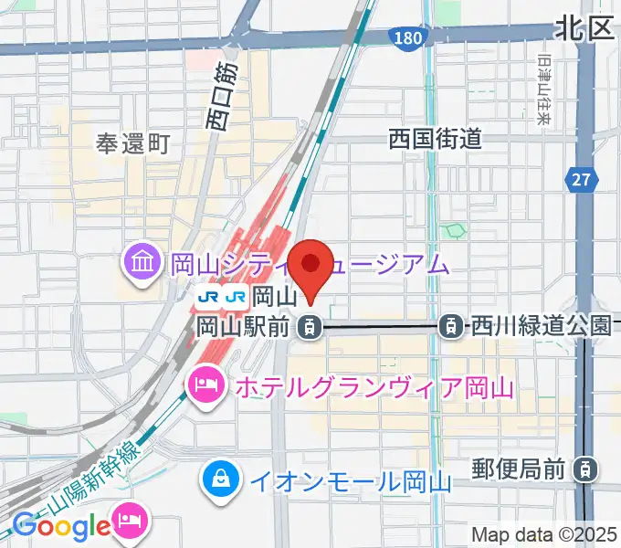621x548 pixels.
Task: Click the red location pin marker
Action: (311, 265)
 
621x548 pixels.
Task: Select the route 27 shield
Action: (580, 179)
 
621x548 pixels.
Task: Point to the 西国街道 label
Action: (435, 140)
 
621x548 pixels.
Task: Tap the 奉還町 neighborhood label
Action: (133, 143)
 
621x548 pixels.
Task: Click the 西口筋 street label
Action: (222, 96)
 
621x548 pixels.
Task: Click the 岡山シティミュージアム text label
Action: (310, 266)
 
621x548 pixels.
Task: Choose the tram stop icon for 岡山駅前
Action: (310, 325)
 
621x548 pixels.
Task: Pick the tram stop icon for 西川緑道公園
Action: (449, 325)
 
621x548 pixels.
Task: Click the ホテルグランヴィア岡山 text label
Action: (374, 386)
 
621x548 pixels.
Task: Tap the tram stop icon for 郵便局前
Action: (582, 469)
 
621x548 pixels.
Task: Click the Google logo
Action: (61, 526)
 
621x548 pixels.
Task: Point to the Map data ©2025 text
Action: (544, 534)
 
